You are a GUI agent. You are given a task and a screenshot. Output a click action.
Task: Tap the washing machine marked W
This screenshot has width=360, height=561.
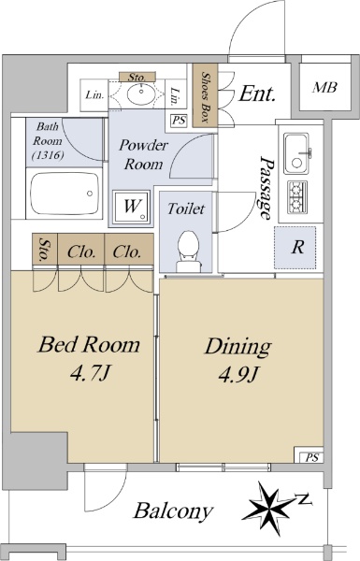pyautogui.click(x=131, y=207)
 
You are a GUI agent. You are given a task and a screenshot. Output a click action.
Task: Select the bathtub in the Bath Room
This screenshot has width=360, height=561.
pyautogui.click(x=65, y=194)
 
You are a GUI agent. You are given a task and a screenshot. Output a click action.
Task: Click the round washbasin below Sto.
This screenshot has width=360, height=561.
pyautogui.click(x=141, y=93)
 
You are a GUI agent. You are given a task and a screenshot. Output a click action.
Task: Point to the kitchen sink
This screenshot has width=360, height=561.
pyautogui.click(x=296, y=153)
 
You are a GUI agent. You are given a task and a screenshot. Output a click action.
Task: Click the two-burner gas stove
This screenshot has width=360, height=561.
pyautogui.click(x=296, y=196)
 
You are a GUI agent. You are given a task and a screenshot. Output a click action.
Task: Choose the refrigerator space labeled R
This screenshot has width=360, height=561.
pyautogui.click(x=295, y=247)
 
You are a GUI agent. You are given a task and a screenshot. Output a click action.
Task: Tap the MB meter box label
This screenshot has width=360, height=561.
pyautogui.click(x=324, y=87)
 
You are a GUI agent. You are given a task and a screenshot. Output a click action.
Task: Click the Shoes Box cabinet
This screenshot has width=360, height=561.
pyautogui.click(x=205, y=95)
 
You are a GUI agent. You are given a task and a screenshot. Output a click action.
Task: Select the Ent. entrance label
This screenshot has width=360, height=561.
pyautogui.click(x=257, y=93)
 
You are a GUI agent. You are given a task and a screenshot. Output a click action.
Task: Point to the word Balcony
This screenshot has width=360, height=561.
pyautogui.click(x=174, y=511)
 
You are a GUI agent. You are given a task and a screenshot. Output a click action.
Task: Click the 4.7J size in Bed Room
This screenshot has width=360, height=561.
pyautogui.click(x=89, y=374)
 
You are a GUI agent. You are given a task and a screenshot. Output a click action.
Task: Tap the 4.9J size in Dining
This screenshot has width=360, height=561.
pyautogui.click(x=238, y=375)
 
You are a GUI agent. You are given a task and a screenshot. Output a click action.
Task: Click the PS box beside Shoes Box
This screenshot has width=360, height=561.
pyautogui.click(x=179, y=121)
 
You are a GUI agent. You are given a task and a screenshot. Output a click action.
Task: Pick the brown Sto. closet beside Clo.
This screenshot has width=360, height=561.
pyautogui.click(x=45, y=250)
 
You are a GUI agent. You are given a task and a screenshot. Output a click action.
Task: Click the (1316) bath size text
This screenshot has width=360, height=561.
pyautogui.click(x=48, y=155)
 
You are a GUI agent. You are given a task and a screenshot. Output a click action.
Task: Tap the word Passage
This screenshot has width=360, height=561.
pyautogui.click(x=266, y=188)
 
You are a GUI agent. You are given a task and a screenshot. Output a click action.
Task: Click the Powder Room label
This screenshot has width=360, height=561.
pyautogui.click(x=143, y=154)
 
